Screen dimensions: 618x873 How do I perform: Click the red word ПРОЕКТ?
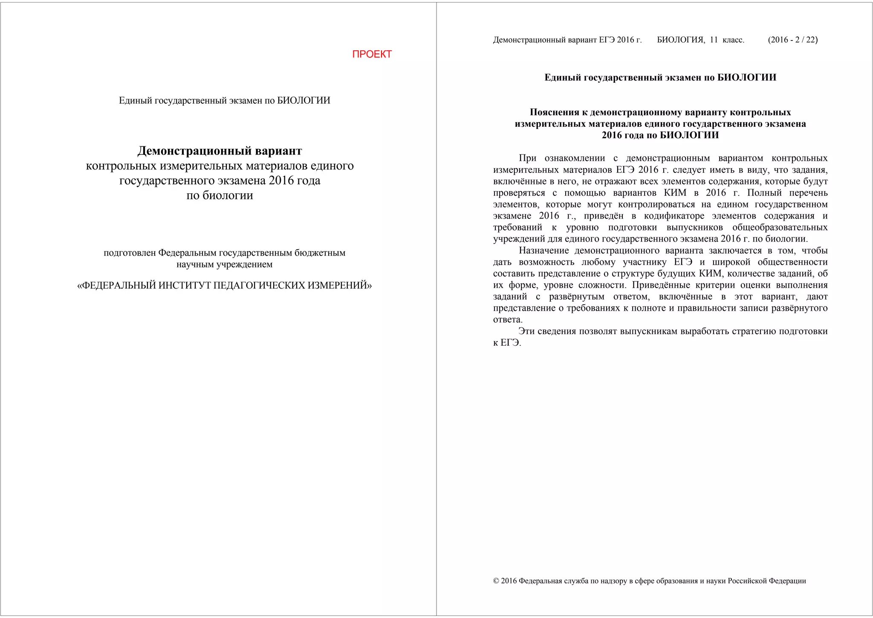point(372,54)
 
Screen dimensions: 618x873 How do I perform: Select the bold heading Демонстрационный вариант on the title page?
point(220,151)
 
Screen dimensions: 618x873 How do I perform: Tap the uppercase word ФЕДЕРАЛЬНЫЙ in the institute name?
point(118,285)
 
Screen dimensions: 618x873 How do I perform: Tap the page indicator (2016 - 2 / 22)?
point(792,40)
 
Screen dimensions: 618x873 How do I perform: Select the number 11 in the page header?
point(714,40)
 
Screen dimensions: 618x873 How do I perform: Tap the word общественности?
point(792,262)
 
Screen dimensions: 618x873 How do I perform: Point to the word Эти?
point(526,331)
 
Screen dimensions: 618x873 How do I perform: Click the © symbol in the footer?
point(496,581)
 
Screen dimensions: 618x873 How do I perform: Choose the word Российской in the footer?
point(746,581)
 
